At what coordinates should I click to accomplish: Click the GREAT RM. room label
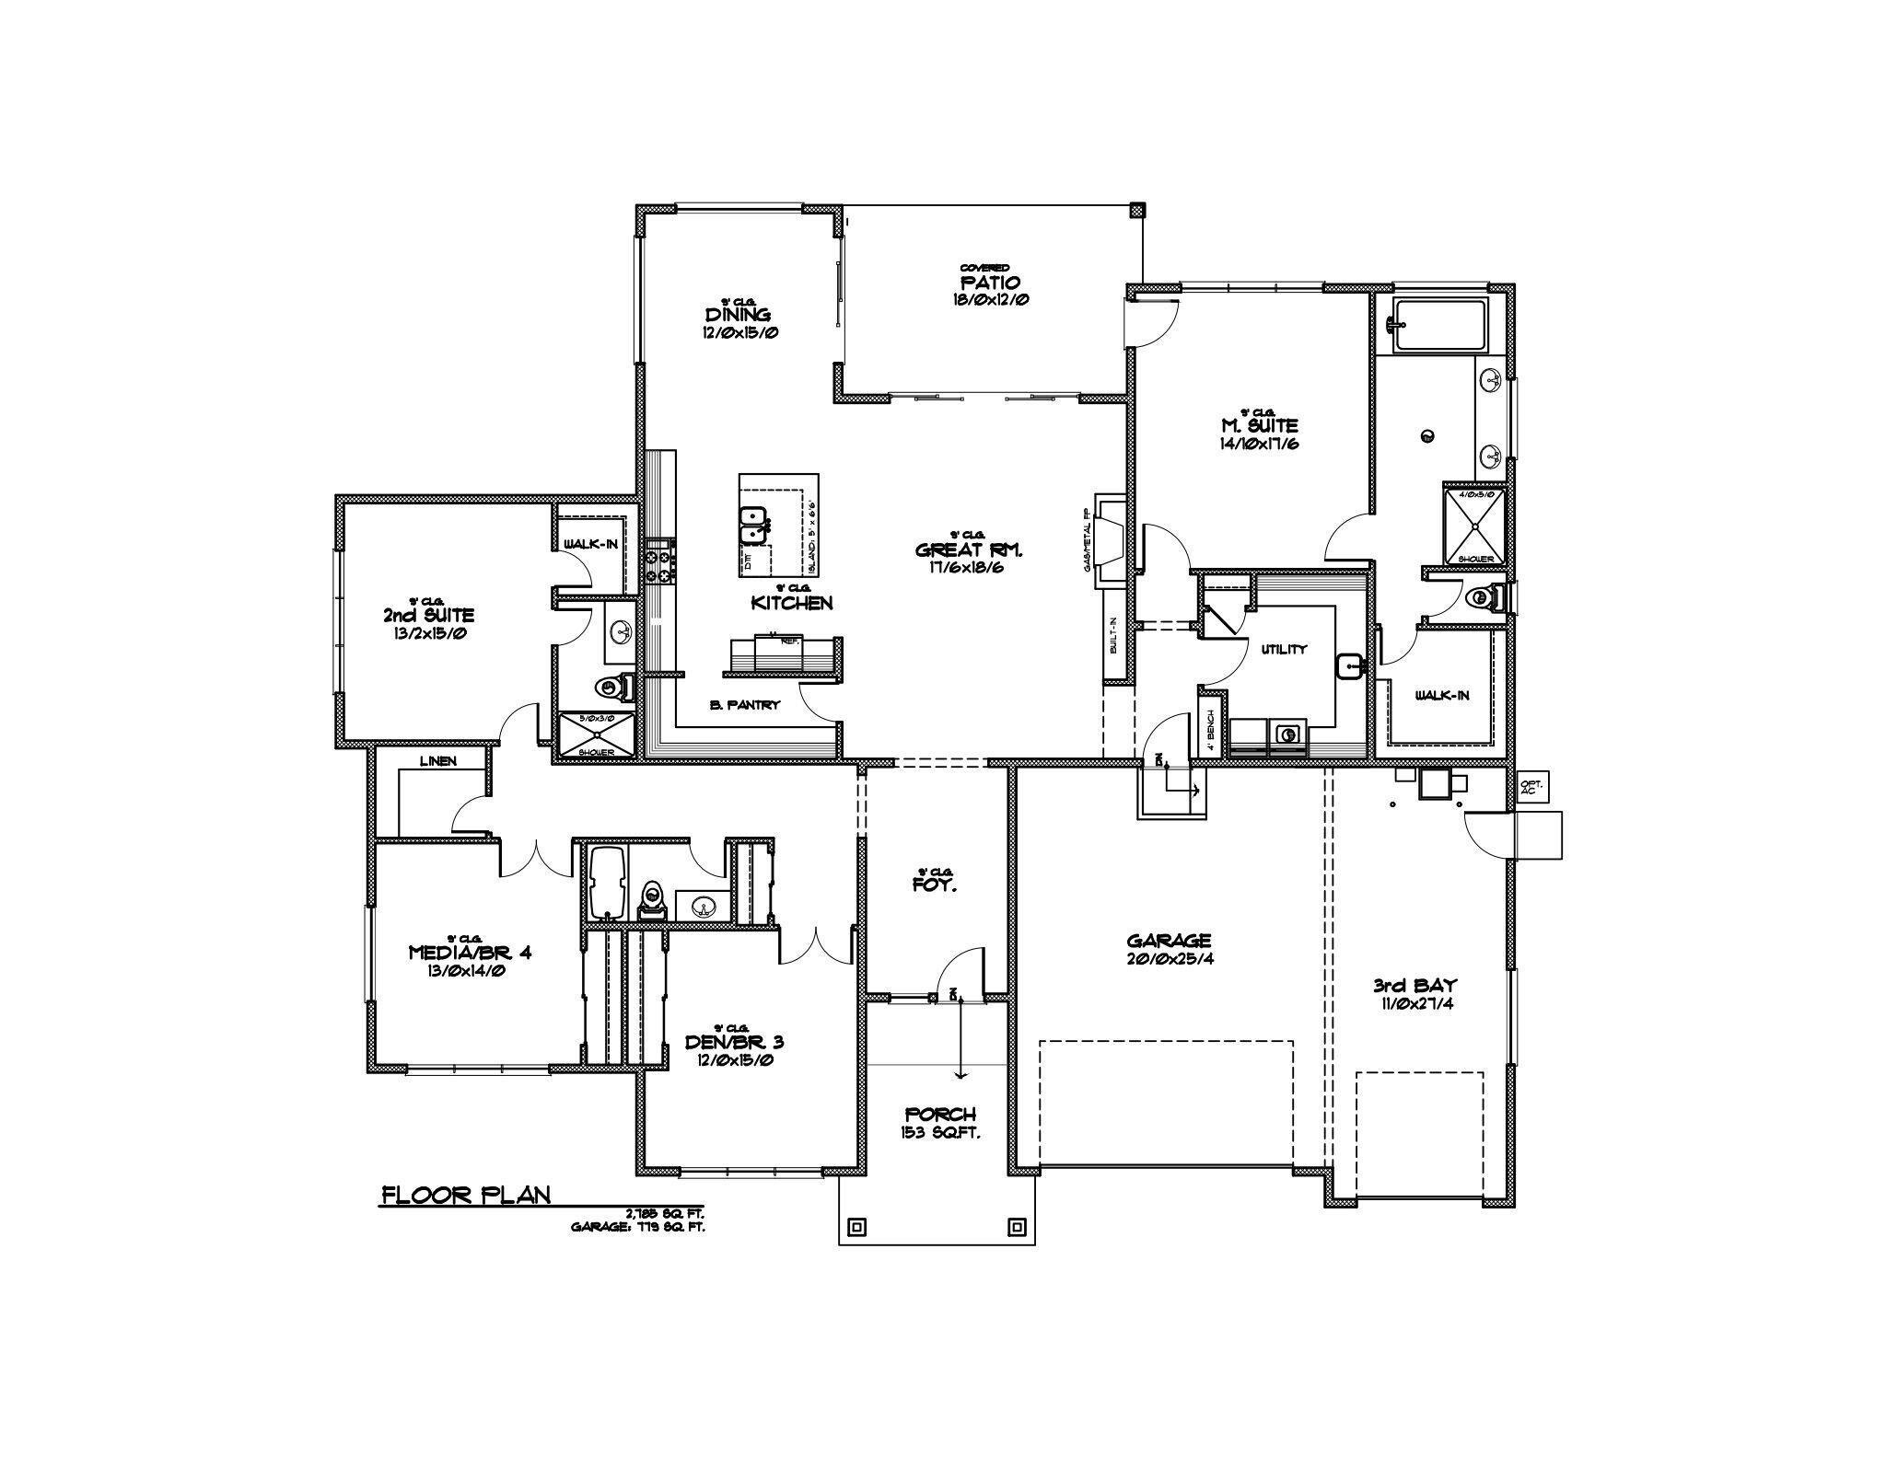point(968,550)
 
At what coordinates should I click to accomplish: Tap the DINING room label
point(738,316)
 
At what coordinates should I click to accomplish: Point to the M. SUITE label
point(1259,426)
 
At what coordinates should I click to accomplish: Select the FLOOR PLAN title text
point(466,1196)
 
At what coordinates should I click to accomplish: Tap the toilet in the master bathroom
point(1484,598)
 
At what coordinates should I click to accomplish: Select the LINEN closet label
point(437,761)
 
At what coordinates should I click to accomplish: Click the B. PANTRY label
point(745,705)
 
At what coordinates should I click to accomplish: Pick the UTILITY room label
point(1284,649)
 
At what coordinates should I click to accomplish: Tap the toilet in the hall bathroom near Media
point(651,899)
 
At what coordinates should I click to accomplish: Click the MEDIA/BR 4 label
point(470,953)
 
